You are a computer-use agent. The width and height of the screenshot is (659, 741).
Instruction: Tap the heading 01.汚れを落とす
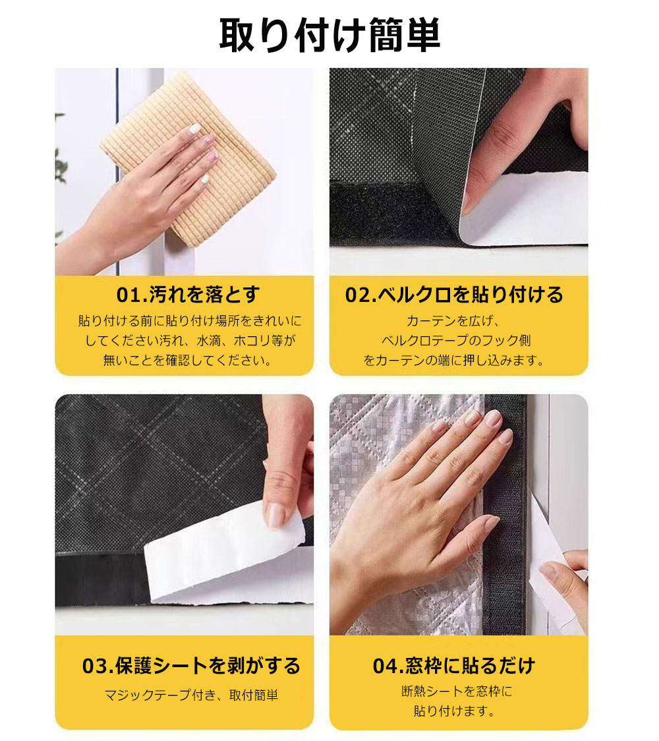pyautogui.click(x=188, y=295)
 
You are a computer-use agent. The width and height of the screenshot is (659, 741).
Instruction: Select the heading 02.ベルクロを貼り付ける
pyautogui.click(x=454, y=295)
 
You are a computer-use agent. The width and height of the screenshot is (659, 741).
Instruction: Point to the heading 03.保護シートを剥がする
pyautogui.click(x=191, y=665)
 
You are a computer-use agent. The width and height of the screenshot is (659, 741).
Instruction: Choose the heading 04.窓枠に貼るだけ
pyautogui.click(x=454, y=665)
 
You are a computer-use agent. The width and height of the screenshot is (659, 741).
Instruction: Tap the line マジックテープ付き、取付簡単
pyautogui.click(x=191, y=695)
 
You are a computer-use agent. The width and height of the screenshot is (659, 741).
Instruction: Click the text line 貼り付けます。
pyautogui.click(x=454, y=711)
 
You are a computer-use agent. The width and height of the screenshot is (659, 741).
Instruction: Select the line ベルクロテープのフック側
pyautogui.click(x=456, y=340)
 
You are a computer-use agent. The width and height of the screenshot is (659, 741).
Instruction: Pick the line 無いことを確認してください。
pyautogui.click(x=188, y=361)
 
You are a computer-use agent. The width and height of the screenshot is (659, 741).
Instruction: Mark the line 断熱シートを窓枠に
pyautogui.click(x=456, y=691)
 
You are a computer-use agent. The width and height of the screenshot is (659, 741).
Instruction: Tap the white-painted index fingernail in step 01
pyautogui.click(x=194, y=129)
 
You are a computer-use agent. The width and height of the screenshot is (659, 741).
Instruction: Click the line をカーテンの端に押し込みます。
pyautogui.click(x=454, y=361)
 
